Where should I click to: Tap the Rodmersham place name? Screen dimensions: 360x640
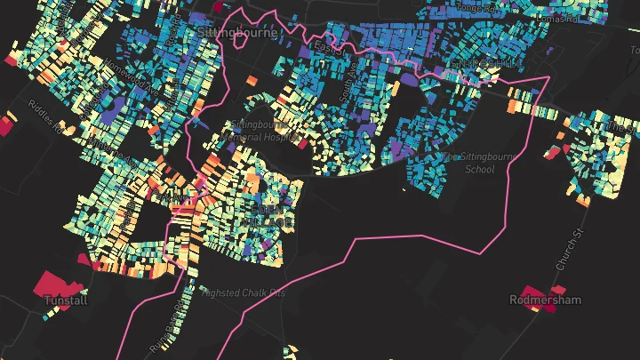click(545, 300)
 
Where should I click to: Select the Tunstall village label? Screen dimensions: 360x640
click(66, 300)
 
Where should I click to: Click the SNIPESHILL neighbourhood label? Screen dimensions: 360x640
click(486, 65)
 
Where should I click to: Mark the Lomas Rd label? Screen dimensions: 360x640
click(583, 17)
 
